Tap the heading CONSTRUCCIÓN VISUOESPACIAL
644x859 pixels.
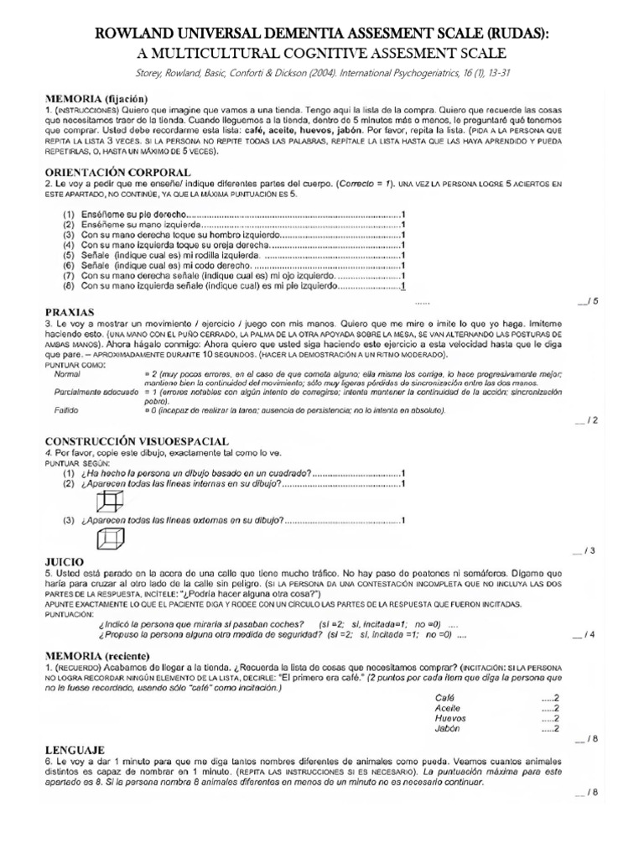click(137, 441)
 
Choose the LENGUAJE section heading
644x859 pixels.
click(74, 747)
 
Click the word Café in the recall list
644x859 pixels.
click(444, 697)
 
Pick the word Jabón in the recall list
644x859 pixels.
click(448, 729)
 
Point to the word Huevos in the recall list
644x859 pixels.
click(449, 718)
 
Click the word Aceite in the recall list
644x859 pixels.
click(448, 708)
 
